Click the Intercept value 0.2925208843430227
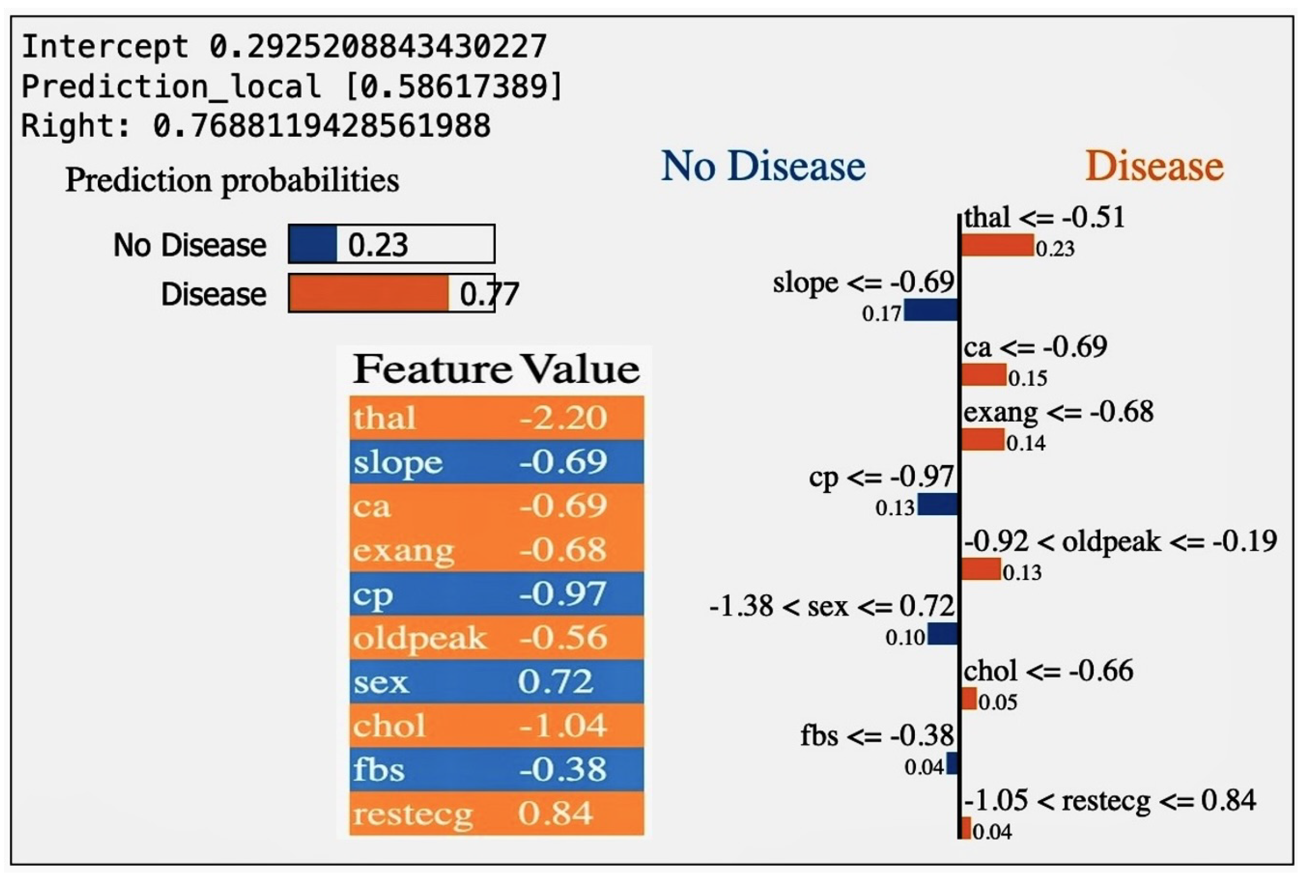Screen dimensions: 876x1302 point(378,47)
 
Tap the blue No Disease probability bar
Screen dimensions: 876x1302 point(313,244)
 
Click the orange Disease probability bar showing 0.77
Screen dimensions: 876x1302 point(369,293)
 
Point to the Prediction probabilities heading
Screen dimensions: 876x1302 point(232,181)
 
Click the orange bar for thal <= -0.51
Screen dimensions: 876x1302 point(997,245)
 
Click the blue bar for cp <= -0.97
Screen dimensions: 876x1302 point(938,504)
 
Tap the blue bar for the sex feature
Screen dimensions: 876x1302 point(943,634)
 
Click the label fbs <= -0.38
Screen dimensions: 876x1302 point(877,736)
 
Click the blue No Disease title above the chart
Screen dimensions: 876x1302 point(763,166)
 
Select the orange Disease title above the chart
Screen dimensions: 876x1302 point(1154,166)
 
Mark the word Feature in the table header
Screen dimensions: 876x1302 point(432,369)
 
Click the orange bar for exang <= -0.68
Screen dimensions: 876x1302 point(983,440)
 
